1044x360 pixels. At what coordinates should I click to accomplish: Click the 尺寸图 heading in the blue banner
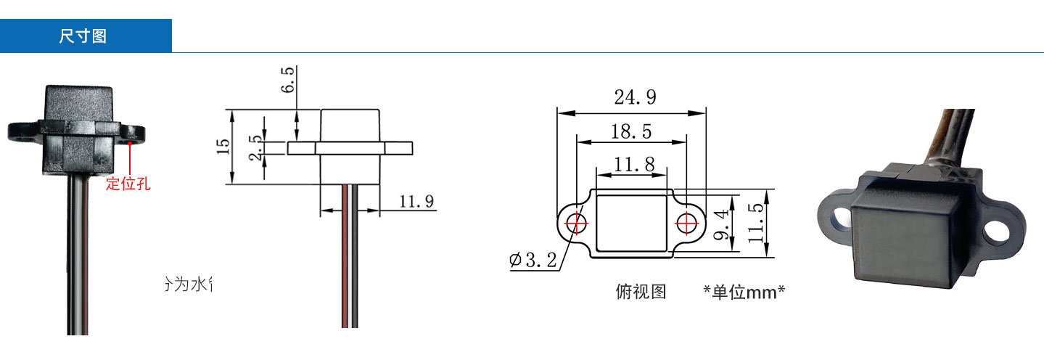click(83, 36)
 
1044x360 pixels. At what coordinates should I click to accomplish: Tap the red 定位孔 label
click(128, 184)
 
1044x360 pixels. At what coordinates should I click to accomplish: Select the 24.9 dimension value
click(635, 97)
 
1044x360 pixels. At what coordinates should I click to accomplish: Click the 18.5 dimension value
click(630, 131)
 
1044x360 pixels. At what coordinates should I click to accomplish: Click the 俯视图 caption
click(640, 292)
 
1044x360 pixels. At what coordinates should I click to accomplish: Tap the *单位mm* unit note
click(744, 292)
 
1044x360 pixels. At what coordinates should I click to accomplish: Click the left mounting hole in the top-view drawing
click(576, 222)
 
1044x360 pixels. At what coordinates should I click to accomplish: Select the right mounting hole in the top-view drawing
click(687, 222)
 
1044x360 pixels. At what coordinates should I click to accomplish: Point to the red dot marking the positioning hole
click(129, 144)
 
